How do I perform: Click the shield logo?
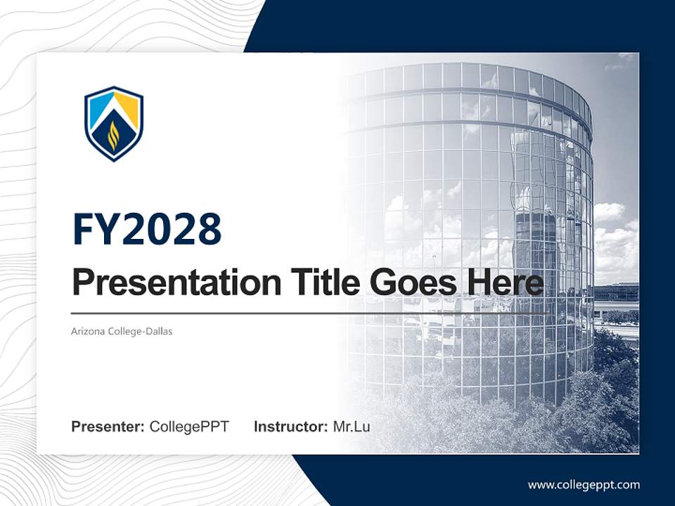[x=113, y=124]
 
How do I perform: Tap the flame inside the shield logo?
[x=113, y=136]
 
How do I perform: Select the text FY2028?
[x=147, y=230]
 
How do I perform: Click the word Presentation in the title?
[x=167, y=283]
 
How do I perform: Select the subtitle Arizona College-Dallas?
[x=122, y=331]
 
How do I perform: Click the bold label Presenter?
[x=108, y=427]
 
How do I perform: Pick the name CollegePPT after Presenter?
[x=189, y=427]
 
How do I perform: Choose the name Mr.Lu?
[x=352, y=427]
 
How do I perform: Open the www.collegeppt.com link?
[x=584, y=484]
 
